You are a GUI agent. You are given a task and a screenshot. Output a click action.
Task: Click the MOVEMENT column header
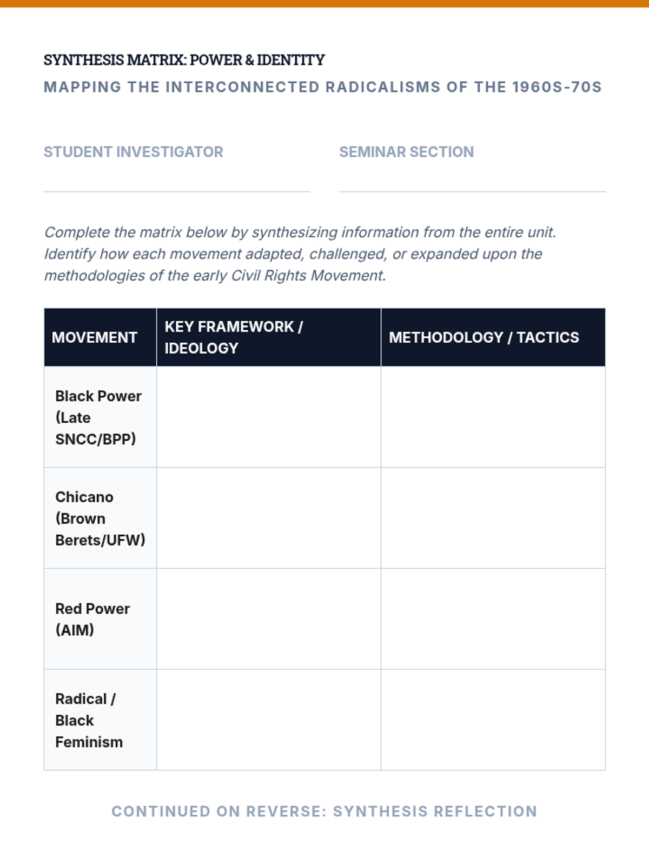[95, 337]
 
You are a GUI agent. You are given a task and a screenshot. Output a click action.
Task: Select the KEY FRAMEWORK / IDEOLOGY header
[234, 337]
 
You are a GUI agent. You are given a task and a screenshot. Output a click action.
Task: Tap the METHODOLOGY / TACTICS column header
[484, 337]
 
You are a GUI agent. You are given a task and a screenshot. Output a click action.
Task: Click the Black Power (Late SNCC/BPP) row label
[98, 417]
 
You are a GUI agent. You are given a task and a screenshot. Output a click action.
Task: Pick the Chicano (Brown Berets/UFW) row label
[100, 518]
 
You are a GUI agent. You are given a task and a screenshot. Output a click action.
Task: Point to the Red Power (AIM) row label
[92, 619]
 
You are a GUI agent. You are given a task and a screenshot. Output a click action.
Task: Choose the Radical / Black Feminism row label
[89, 720]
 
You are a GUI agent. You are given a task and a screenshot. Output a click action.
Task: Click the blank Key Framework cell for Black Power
[269, 417]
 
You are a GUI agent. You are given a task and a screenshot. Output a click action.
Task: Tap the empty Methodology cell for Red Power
[493, 619]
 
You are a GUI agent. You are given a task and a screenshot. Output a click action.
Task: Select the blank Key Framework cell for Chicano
[269, 518]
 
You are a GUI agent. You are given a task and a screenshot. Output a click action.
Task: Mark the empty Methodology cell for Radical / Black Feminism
[493, 720]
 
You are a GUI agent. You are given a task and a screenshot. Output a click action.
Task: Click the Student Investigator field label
[133, 152]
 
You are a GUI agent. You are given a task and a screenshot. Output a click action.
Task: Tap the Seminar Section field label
[406, 152]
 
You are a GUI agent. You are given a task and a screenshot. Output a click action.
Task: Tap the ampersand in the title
[249, 60]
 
